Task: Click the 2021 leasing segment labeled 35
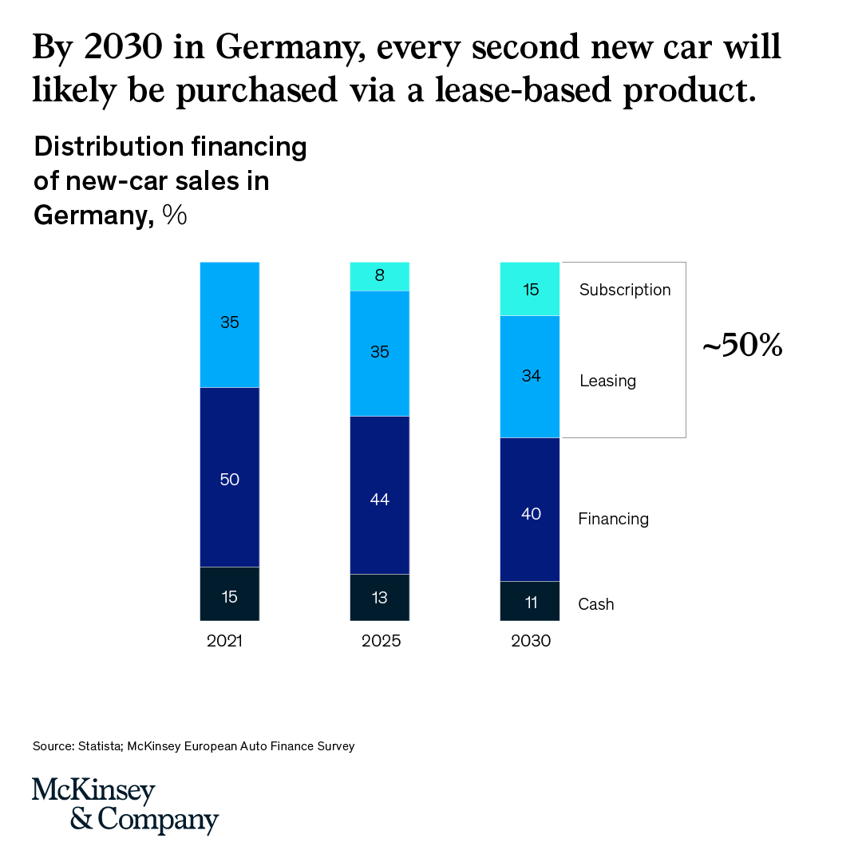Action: click(229, 324)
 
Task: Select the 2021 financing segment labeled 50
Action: click(229, 477)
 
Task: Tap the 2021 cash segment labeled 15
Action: click(229, 594)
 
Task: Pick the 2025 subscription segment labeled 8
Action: click(380, 276)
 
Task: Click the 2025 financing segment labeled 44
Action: click(380, 496)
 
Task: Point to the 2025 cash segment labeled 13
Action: click(380, 597)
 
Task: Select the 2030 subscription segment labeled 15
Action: click(530, 289)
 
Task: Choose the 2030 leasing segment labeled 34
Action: click(530, 377)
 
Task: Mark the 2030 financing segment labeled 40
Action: click(530, 509)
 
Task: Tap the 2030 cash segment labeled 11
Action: click(530, 601)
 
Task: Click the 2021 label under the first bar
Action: click(224, 641)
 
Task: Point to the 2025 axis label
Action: click(381, 641)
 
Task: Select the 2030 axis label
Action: click(531, 641)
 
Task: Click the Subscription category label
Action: click(625, 290)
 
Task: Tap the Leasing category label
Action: click(607, 381)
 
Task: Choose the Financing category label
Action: click(613, 519)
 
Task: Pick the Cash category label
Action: click(596, 604)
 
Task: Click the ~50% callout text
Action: click(742, 347)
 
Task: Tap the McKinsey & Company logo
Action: click(125, 805)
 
